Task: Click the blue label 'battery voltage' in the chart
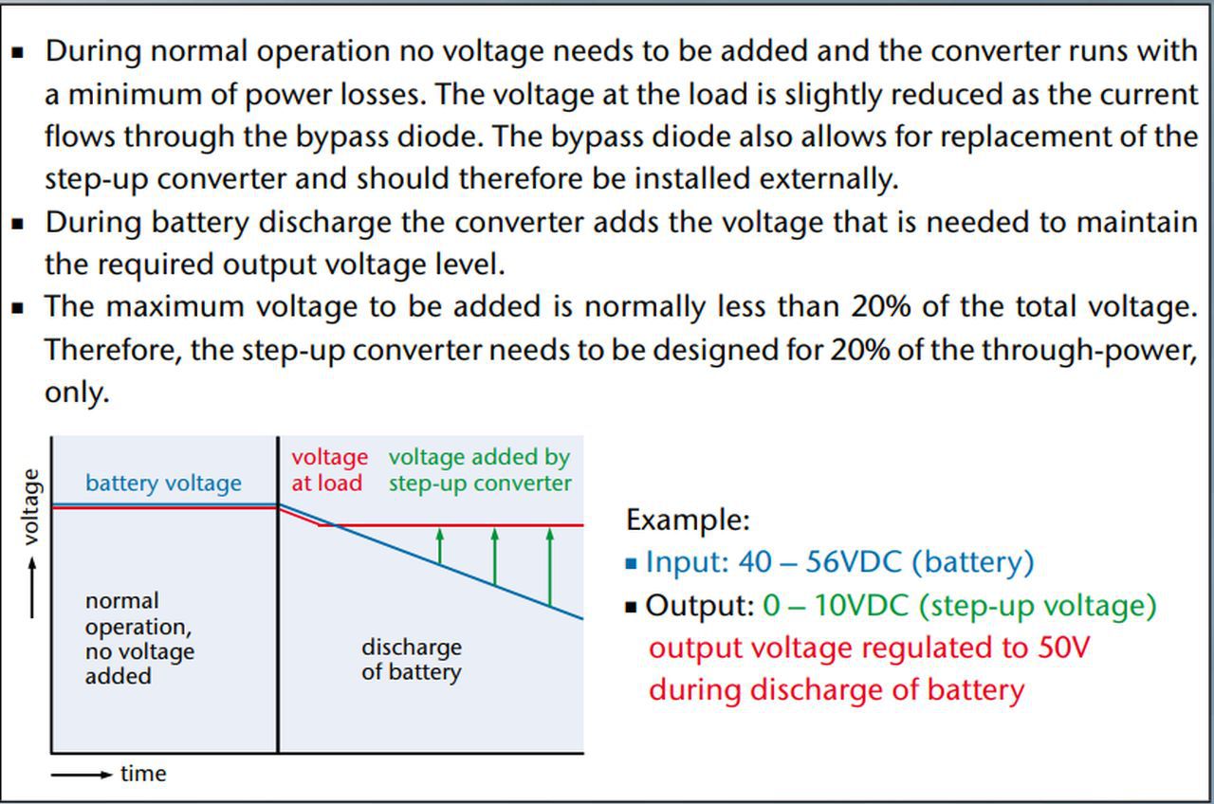pyautogui.click(x=163, y=484)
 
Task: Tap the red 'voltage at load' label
pyautogui.click(x=328, y=470)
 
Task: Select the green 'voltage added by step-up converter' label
pyautogui.click(x=480, y=470)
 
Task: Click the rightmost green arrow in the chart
pyautogui.click(x=549, y=566)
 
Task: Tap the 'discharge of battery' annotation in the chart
pyautogui.click(x=412, y=660)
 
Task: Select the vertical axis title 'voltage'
pyautogui.click(x=31, y=507)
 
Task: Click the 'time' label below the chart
pyautogui.click(x=143, y=774)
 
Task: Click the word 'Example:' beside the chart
pyautogui.click(x=688, y=520)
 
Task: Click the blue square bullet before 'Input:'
pyautogui.click(x=632, y=563)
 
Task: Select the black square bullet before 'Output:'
pyautogui.click(x=632, y=606)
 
